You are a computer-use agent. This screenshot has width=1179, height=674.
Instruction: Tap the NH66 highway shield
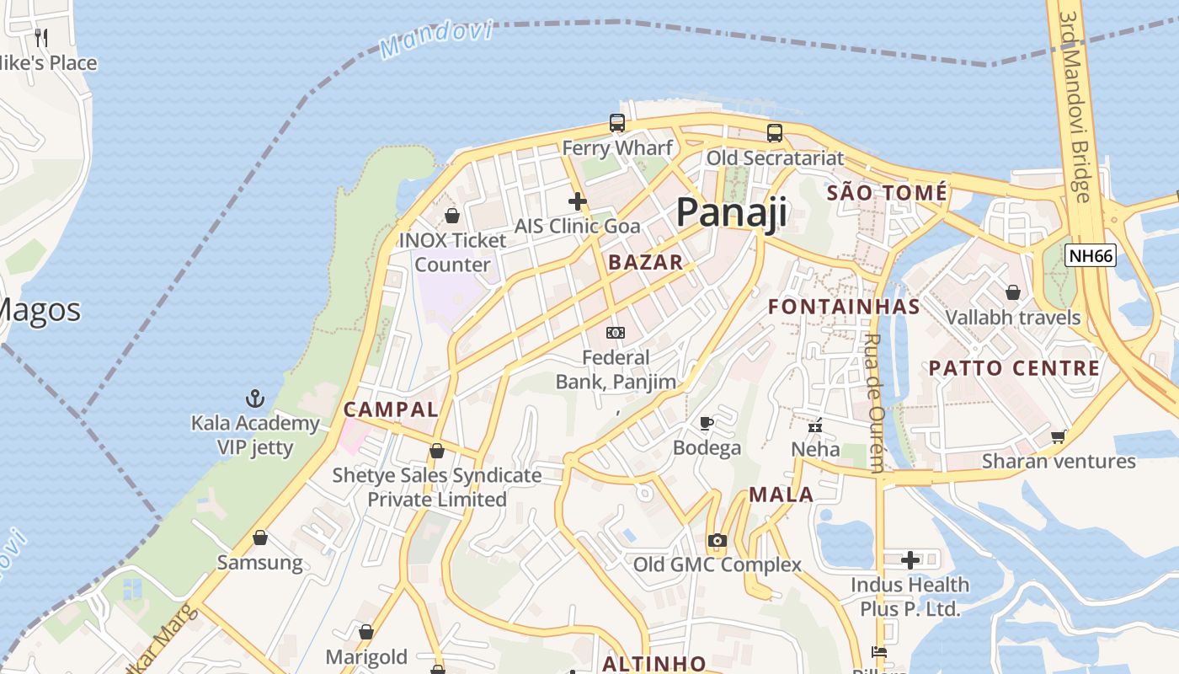[1091, 256]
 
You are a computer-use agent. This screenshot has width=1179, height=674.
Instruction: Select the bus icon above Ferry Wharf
[617, 123]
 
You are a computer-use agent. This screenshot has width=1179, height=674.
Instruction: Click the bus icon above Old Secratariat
[774, 132]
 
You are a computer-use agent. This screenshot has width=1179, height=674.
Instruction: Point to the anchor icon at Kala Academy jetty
[254, 398]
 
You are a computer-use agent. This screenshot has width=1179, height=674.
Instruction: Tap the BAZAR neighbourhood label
[646, 262]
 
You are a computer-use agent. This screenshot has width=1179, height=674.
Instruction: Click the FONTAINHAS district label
[844, 307]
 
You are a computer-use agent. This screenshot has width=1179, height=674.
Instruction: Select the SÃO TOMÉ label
[887, 193]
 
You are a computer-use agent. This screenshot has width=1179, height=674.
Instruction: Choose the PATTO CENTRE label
[1014, 368]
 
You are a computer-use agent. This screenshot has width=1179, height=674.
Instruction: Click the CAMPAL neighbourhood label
[391, 410]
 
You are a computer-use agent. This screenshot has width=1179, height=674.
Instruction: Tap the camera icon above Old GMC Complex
[717, 540]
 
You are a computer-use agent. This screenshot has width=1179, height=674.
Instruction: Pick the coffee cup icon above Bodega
[707, 423]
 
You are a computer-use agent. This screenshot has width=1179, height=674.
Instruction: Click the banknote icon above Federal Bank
[616, 333]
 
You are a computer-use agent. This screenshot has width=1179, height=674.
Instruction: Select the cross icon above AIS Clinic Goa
[577, 201]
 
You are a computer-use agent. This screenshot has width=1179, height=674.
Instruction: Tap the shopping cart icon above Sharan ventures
[1059, 436]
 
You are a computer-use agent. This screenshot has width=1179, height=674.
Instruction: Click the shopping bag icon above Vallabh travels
[1012, 292]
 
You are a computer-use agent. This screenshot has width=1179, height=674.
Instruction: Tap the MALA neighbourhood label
[781, 495]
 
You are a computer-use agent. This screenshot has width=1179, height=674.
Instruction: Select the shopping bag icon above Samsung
[260, 538]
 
